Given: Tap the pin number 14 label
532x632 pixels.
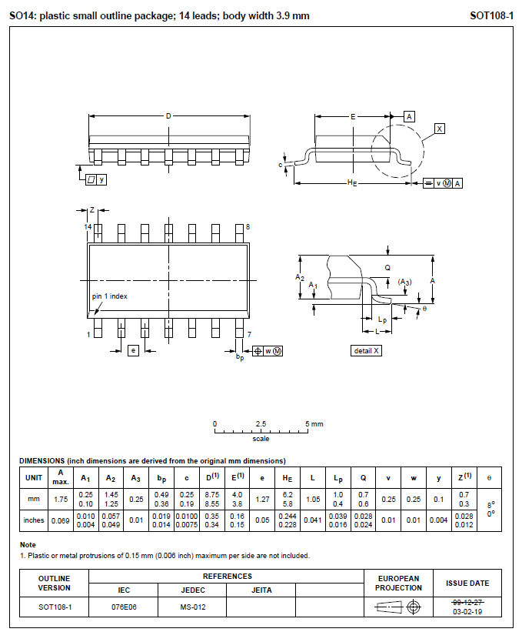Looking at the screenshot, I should click(88, 227).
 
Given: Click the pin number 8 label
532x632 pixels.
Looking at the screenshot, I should click(247, 227).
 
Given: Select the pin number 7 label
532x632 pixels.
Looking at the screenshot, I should click(248, 334).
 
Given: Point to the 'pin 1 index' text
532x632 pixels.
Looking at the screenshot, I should click(110, 296).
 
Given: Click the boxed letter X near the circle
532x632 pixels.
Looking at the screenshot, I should click(439, 129).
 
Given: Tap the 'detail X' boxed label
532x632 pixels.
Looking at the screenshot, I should click(367, 351).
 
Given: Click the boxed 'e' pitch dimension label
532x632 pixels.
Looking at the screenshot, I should click(132, 351).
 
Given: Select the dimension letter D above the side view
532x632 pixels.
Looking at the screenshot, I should click(168, 116).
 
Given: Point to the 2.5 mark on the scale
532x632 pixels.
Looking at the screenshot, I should click(261, 424).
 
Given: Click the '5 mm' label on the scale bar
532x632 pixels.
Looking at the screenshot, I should click(314, 424).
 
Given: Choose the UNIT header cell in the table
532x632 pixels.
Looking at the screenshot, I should click(33, 477).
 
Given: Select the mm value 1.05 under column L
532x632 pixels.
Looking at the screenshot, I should click(313, 499).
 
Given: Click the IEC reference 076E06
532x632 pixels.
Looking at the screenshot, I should click(124, 607).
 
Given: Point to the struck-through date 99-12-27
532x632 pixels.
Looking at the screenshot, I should click(467, 601).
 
